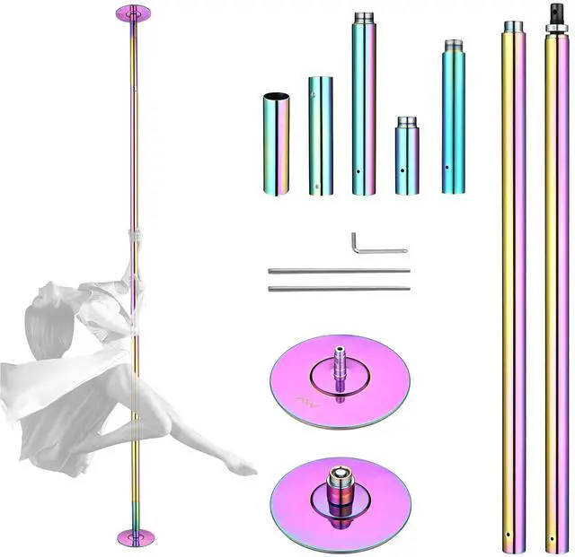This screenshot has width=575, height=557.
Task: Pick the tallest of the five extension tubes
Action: [364, 108]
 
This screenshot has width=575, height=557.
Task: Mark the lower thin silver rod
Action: [339, 287]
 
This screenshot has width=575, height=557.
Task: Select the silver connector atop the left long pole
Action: [513, 26]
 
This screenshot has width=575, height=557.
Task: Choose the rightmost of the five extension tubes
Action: [454, 121]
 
